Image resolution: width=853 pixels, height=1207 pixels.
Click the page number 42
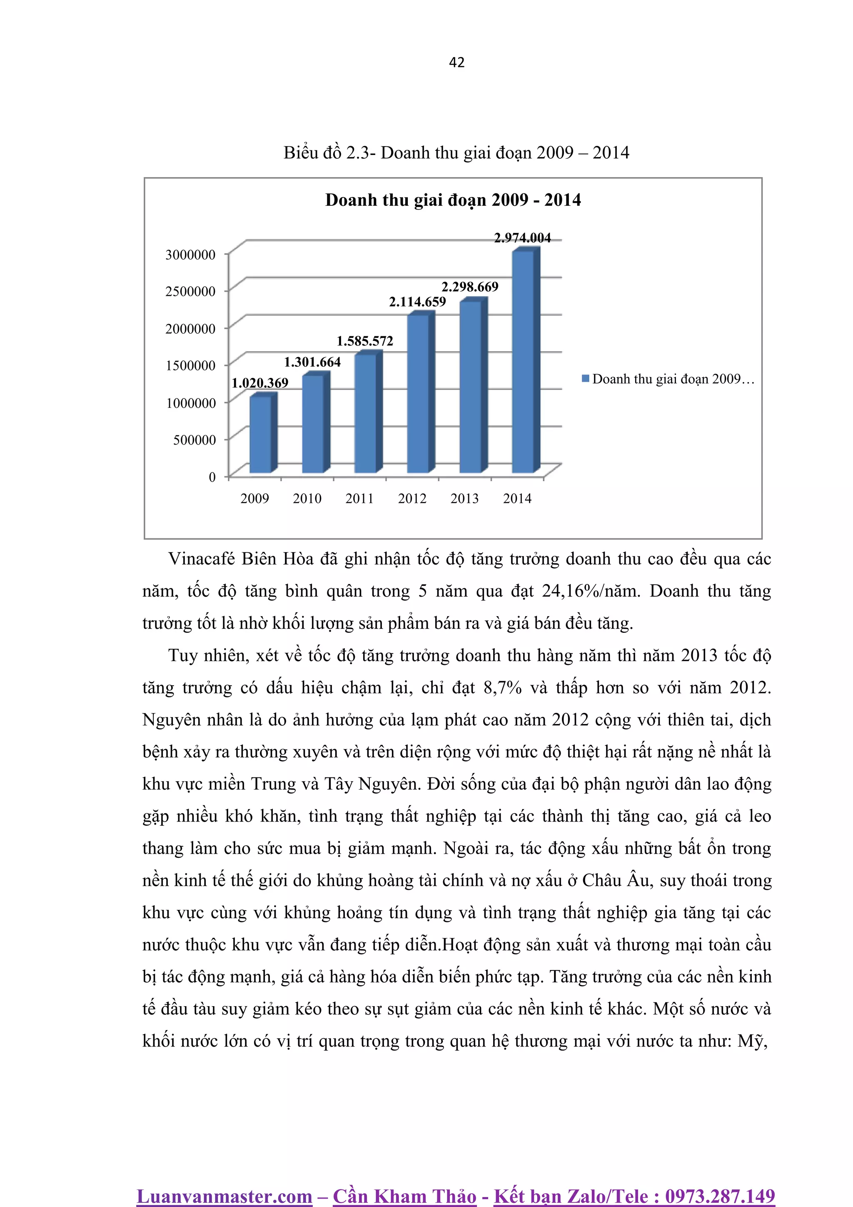457,62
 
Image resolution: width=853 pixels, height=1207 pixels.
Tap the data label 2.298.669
469,287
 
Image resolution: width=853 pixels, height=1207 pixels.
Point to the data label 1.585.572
365,341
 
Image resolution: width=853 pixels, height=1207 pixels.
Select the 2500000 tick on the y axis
190,291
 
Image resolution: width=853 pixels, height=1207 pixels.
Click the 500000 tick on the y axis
195,440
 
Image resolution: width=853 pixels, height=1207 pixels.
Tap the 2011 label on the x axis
359,498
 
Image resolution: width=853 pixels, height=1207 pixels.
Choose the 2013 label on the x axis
464,498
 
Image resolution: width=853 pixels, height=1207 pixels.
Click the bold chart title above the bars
453,200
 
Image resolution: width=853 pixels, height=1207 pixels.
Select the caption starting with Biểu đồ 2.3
456,152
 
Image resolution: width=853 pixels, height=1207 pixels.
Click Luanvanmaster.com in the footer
224,1196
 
